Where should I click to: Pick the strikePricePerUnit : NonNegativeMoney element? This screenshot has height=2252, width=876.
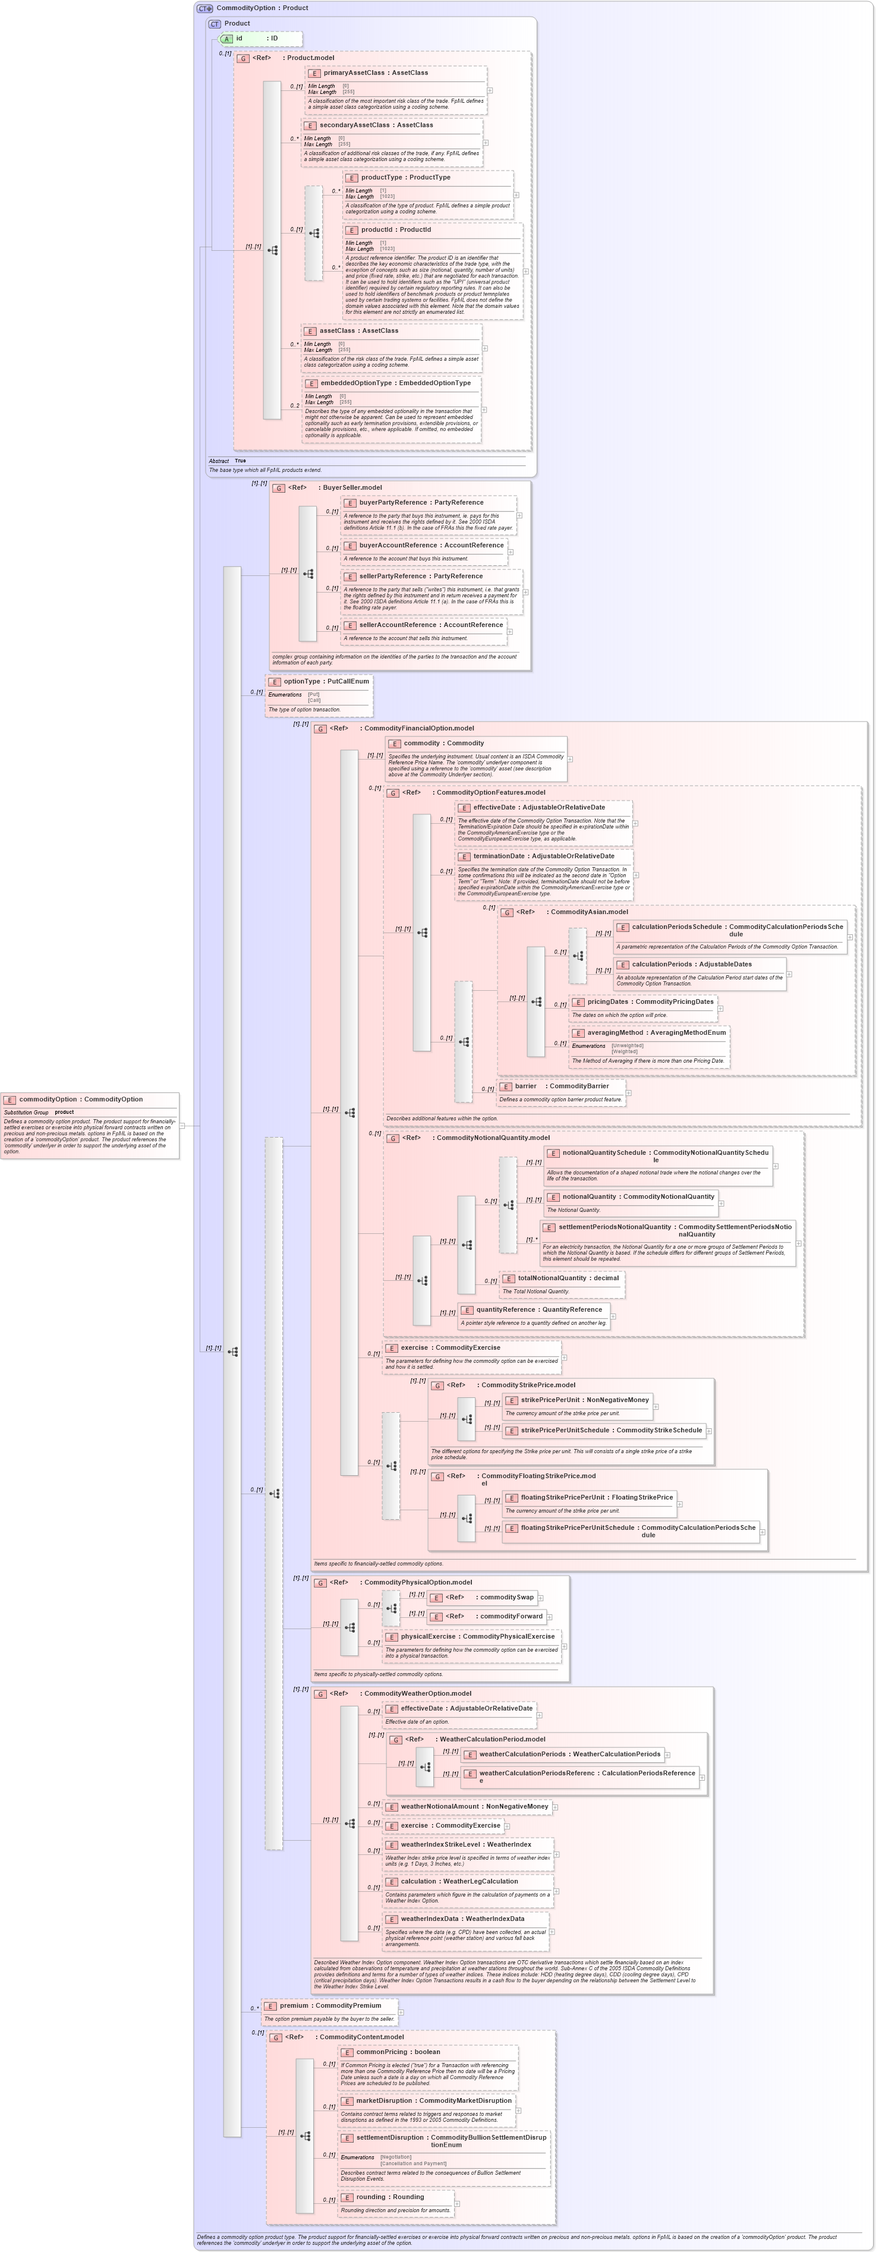point(584,1400)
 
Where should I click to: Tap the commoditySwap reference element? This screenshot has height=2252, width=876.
point(505,1597)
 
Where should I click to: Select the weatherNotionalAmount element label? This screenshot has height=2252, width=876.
point(474,1806)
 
